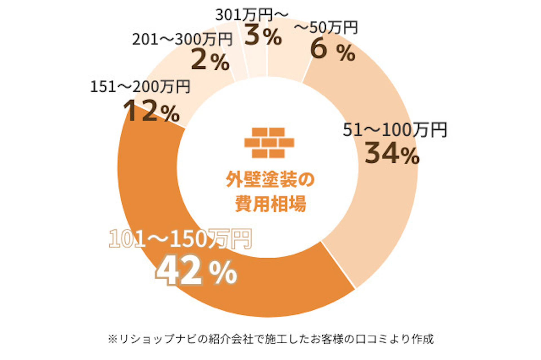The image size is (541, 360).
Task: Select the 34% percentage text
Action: click(x=392, y=154)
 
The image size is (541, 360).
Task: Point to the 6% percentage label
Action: click(x=332, y=51)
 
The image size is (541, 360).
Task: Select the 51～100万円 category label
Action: click(x=395, y=130)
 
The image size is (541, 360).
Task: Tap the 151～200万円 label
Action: click(x=140, y=86)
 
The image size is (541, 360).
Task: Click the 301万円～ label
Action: click(x=252, y=15)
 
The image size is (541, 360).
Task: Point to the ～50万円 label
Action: click(x=326, y=28)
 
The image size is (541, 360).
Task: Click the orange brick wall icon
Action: click(x=269, y=143)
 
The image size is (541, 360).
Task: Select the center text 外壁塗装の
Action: click(x=270, y=179)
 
